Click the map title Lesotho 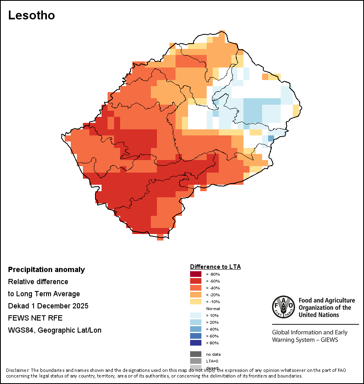coord(32,15)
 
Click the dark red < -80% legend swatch coord(195,274)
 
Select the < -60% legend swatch coord(195,281)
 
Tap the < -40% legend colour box coord(195,288)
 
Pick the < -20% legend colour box coord(195,295)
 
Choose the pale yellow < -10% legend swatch coord(195,302)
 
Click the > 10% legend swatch coord(195,315)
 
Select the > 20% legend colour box coord(195,322)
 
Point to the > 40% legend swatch coord(195,329)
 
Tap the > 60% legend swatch coord(195,336)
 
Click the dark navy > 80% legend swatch coord(195,343)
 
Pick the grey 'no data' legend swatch coord(195,354)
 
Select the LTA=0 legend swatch coord(195,361)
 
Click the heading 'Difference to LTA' coord(215,267)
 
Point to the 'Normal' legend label coord(213,308)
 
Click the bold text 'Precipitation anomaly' coord(47,270)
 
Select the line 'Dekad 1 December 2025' coord(48,306)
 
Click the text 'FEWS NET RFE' coord(35,318)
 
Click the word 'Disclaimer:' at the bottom coord(17,370)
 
